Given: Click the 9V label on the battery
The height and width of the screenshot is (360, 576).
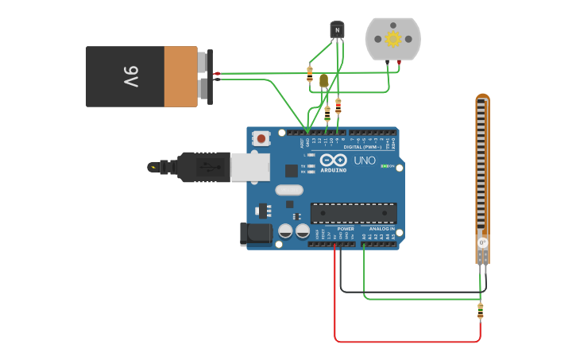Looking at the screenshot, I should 131,77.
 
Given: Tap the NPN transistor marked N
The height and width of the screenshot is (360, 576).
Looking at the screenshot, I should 338,30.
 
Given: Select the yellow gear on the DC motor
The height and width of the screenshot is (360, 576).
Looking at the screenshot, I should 392,38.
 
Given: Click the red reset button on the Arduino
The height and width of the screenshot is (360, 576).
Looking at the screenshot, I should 261,138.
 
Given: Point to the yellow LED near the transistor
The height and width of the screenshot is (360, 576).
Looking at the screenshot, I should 323,80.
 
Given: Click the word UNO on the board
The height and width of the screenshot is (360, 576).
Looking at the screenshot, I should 364,161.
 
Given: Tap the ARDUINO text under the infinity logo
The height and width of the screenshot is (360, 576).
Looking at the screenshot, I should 333,170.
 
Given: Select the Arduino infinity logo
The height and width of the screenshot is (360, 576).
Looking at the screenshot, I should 333,160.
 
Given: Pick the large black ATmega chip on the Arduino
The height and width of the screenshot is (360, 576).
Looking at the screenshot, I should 354,212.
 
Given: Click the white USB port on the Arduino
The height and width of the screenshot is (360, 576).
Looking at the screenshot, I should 249,167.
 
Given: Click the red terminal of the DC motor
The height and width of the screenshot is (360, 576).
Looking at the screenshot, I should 399,62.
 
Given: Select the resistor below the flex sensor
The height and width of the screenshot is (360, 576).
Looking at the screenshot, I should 480,311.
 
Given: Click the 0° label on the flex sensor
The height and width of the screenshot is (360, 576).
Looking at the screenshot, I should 482,242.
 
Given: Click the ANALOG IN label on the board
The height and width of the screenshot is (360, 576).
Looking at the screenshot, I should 382,229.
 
